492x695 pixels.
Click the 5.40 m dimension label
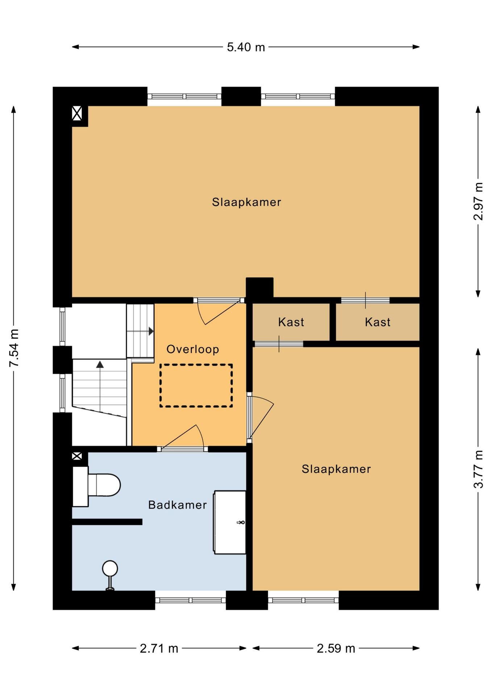[246, 47]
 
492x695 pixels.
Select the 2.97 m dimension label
[478, 201]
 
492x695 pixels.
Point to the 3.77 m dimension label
[478, 469]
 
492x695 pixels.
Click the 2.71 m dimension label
[159, 648]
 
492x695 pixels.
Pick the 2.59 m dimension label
[336, 648]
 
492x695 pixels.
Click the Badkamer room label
[178, 505]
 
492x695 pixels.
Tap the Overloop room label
[193, 349]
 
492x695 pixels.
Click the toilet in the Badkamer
[96, 486]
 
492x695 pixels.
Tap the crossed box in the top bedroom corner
[77, 113]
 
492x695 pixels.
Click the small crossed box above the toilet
[77, 456]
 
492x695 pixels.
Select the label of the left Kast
[291, 322]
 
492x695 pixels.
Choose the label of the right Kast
[378, 322]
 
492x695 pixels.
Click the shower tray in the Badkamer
[230, 522]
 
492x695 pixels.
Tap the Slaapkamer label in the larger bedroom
[246, 202]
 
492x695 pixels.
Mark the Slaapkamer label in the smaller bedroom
[336, 469]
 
